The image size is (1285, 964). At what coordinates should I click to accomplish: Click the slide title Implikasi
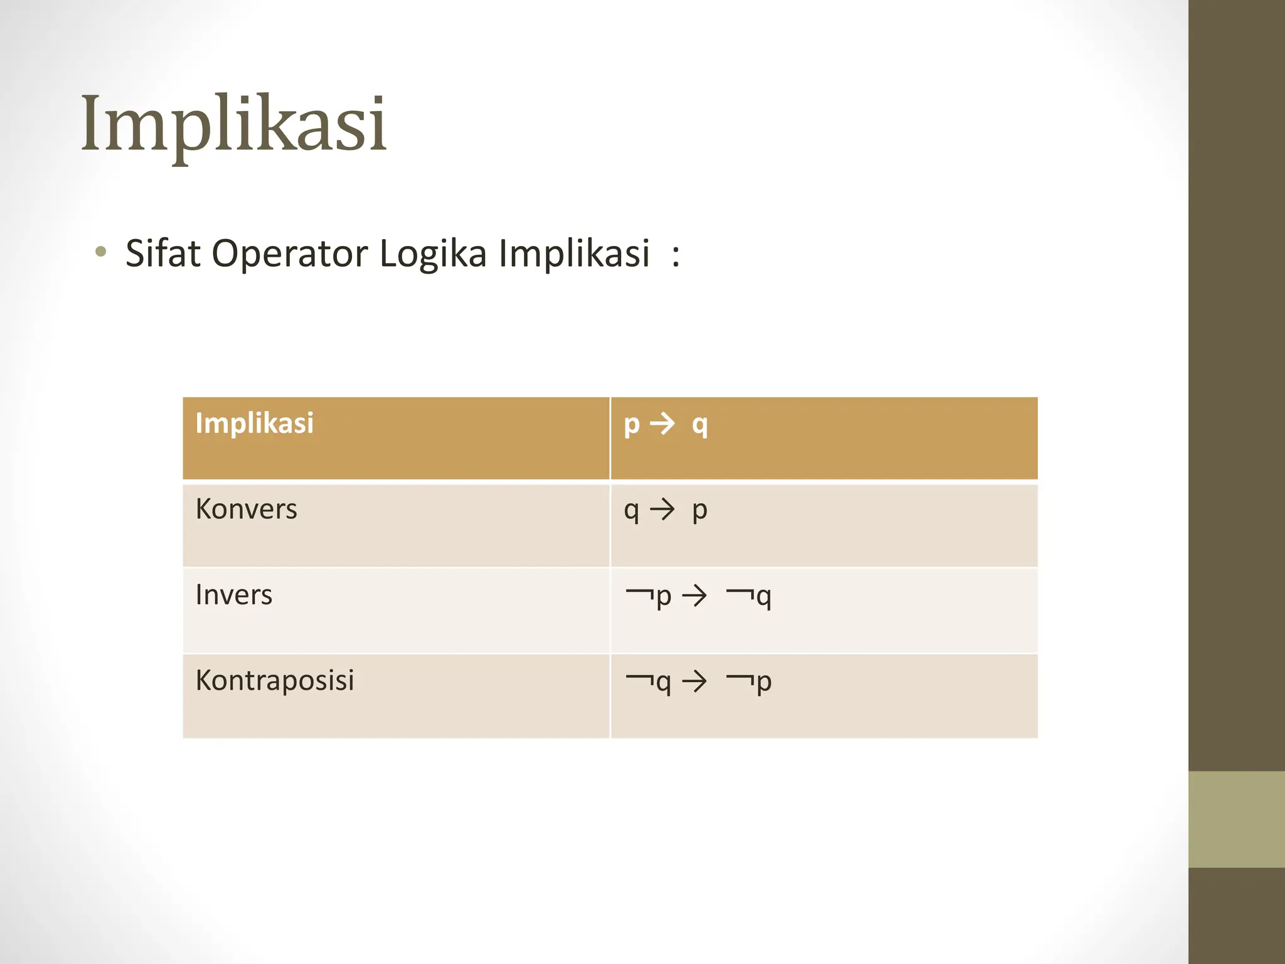[x=233, y=124]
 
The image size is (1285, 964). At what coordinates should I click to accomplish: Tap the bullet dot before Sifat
[x=100, y=253]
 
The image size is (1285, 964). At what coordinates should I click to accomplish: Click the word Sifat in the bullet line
[x=163, y=254]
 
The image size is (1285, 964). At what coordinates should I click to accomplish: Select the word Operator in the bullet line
[x=289, y=255]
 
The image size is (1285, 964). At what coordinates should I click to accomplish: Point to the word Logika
[x=433, y=255]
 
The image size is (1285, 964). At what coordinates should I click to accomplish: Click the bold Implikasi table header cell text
[x=254, y=423]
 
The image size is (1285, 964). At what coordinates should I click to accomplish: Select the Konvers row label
[x=246, y=509]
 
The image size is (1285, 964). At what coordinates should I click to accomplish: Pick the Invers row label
[x=233, y=594]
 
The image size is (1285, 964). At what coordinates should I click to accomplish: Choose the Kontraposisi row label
[x=275, y=680]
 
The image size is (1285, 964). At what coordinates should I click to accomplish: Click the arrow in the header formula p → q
[x=662, y=424]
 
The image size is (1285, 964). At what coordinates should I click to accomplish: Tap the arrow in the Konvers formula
[x=662, y=510]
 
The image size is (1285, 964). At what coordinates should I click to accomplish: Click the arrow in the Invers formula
[x=694, y=596]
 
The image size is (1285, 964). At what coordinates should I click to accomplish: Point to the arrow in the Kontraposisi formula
[x=694, y=681]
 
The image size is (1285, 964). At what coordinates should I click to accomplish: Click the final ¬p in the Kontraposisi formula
[x=749, y=682]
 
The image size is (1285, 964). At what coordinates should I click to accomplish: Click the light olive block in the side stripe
[x=1236, y=819]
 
